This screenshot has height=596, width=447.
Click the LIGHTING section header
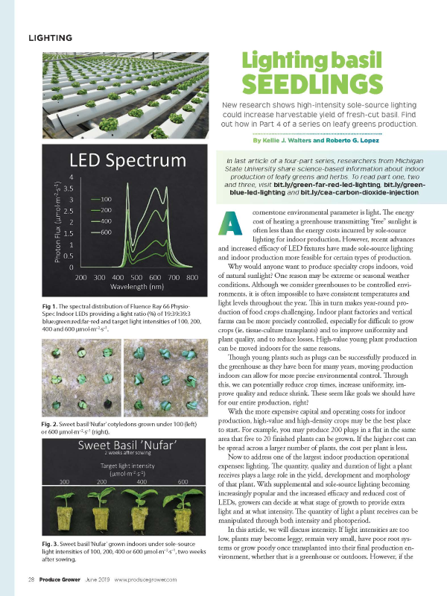50,37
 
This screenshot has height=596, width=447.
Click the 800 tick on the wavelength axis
191,277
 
